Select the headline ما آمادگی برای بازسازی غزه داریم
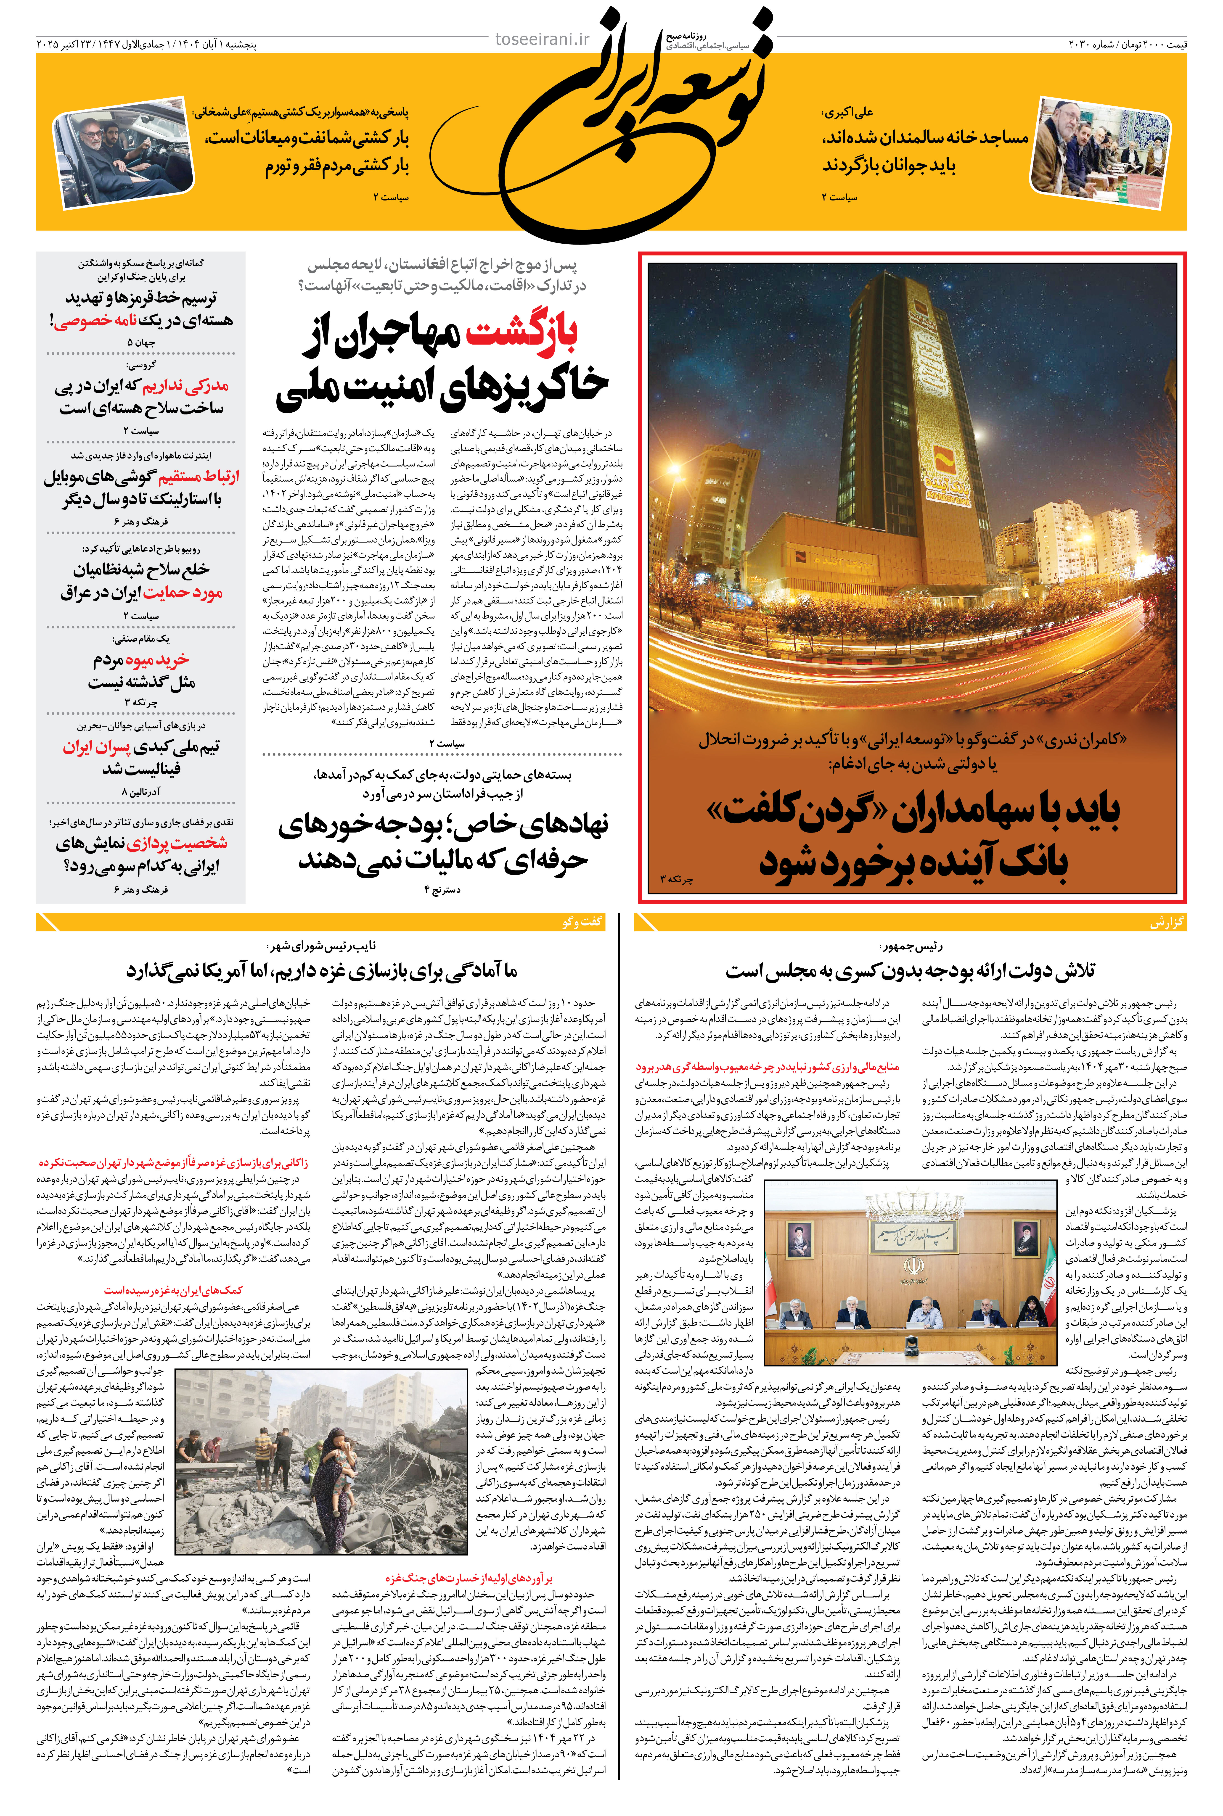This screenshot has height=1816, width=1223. click(x=321, y=971)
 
